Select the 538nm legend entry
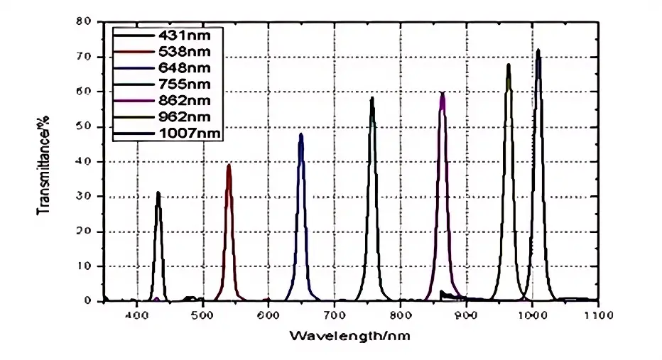pos(168,51)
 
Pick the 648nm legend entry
pos(168,67)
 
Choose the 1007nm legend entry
pos(168,133)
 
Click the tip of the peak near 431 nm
pos(158,192)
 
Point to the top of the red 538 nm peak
pos(229,165)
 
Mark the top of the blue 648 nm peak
pos(301,134)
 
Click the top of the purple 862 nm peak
pos(443,92)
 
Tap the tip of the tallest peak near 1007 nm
pos(538,50)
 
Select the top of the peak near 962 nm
pos(509,65)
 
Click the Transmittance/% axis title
pos(44,162)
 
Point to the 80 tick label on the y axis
pos(89,21)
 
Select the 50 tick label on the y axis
pos(89,126)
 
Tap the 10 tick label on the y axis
pos(89,266)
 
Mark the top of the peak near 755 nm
pos(371,98)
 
